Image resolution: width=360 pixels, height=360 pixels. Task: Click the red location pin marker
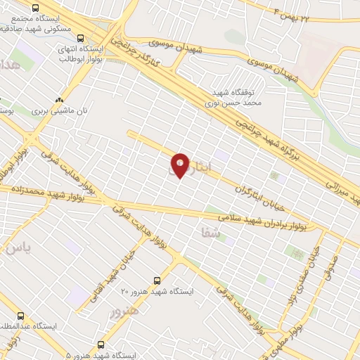tap(181, 165)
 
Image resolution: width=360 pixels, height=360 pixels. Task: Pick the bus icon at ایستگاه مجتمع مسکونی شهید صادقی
tap(46, 7)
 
